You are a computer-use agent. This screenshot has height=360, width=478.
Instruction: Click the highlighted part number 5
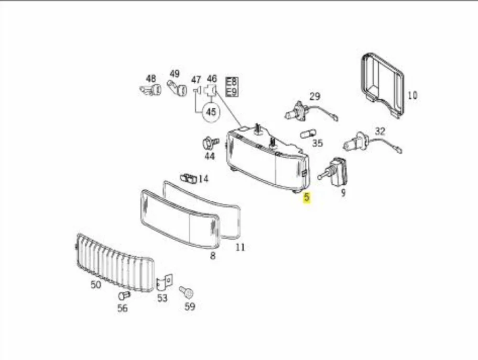click(306, 197)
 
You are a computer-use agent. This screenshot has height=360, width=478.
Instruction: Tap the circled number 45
click(211, 112)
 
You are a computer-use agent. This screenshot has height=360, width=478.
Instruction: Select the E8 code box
click(231, 82)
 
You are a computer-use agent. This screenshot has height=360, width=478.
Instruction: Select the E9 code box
click(231, 92)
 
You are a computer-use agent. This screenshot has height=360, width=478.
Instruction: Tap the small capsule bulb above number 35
click(308, 134)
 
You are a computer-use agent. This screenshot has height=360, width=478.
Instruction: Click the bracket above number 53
click(164, 282)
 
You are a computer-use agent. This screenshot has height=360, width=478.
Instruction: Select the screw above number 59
click(186, 293)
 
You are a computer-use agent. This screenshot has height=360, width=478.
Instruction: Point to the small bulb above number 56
click(124, 296)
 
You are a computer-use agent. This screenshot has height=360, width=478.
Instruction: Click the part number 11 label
click(240, 247)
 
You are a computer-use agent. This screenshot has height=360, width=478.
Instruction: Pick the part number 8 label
click(213, 256)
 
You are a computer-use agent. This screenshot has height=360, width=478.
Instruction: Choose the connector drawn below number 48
click(151, 90)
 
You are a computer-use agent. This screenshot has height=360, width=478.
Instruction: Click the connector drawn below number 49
click(177, 88)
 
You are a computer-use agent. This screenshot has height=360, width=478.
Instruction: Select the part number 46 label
click(212, 78)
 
